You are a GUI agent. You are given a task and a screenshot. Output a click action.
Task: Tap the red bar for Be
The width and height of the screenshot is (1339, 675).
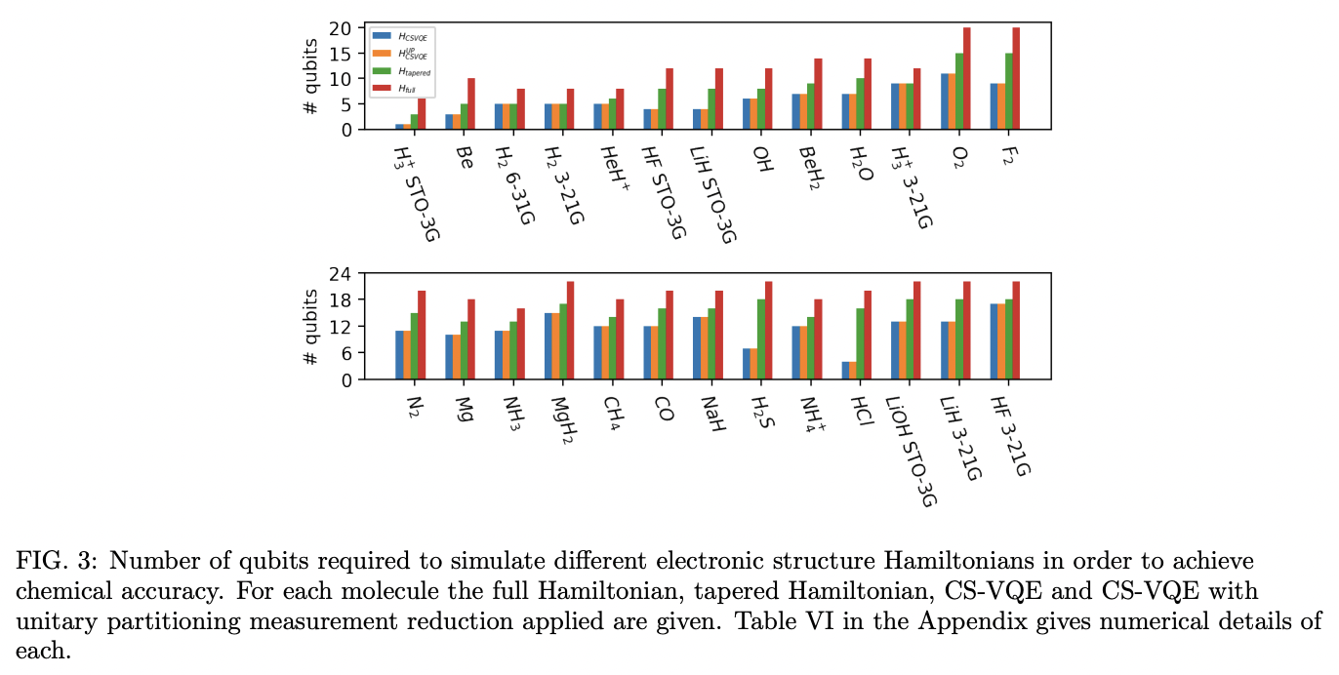471,103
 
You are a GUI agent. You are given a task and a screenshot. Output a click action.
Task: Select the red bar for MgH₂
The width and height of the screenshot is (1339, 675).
570,331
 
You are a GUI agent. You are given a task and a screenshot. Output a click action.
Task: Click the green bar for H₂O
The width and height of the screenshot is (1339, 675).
858,103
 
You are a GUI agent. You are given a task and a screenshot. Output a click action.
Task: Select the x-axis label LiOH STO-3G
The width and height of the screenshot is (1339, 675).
912,450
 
